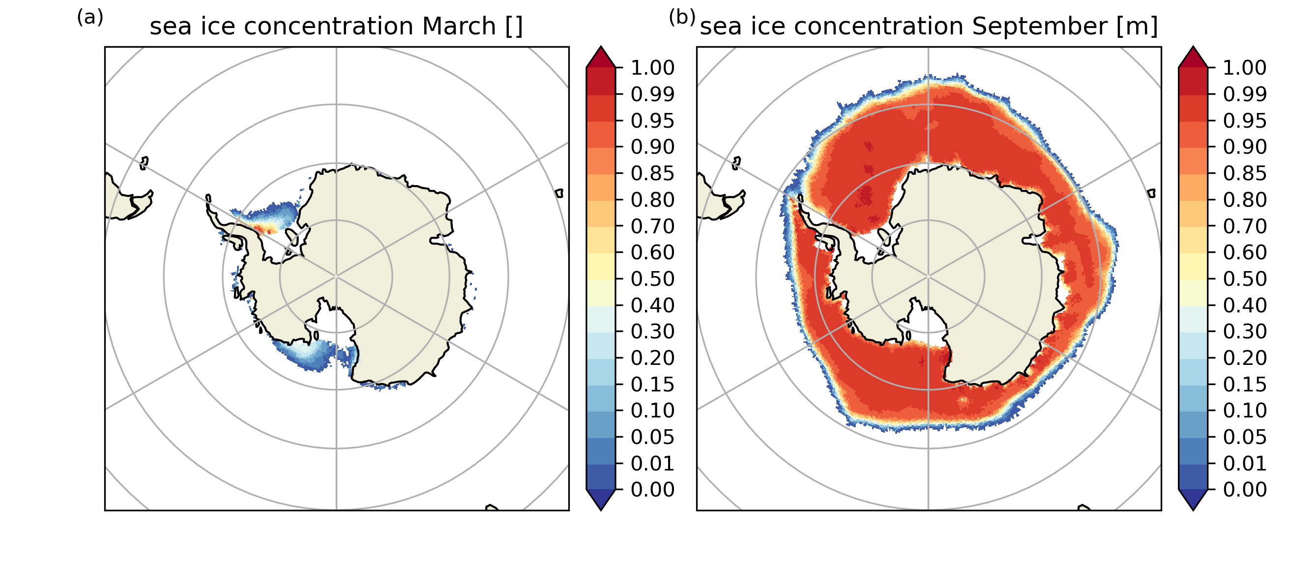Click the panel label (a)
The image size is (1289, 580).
(x=90, y=18)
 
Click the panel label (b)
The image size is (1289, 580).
(x=682, y=18)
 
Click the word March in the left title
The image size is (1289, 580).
(x=459, y=26)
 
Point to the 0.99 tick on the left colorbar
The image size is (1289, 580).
(x=652, y=94)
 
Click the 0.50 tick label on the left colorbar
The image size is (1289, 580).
(x=652, y=279)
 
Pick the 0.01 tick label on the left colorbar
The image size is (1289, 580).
(x=652, y=464)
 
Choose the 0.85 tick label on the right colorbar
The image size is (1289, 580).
(x=1244, y=173)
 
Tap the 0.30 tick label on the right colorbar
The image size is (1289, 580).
(x=1244, y=331)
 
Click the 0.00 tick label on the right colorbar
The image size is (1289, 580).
(x=1244, y=490)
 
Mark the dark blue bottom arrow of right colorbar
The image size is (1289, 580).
(x=1193, y=499)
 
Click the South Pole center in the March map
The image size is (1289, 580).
(x=336, y=276)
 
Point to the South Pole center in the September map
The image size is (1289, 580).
(x=928, y=276)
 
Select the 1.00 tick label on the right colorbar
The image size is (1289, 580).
(x=1244, y=67)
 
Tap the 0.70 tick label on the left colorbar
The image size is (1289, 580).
(x=652, y=226)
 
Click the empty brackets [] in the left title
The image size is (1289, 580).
(x=513, y=26)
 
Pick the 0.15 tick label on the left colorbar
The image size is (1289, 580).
(x=652, y=385)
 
